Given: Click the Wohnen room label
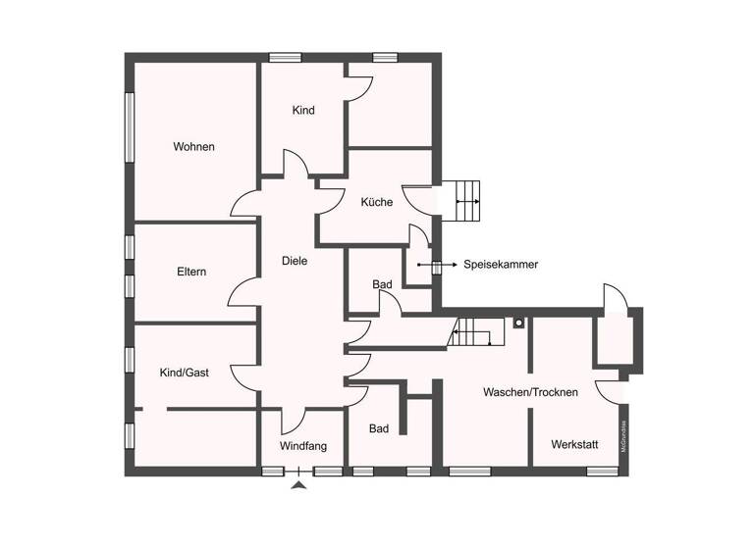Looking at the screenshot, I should (x=193, y=147).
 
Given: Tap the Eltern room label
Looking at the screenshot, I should (x=191, y=272).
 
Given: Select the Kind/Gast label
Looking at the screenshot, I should (x=185, y=373).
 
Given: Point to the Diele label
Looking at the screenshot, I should (x=295, y=261).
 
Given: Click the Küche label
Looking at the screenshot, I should (x=376, y=203).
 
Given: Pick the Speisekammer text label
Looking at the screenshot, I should (x=501, y=265).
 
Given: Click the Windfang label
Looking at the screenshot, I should (x=303, y=446).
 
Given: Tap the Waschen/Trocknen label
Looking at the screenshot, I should (x=530, y=392).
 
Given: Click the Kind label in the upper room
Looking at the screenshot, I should (x=303, y=111).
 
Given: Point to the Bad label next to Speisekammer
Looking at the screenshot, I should (x=382, y=284).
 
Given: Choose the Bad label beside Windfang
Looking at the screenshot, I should (x=379, y=429).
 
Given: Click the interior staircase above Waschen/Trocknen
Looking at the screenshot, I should (x=473, y=333).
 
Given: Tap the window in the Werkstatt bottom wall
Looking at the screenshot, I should (x=602, y=472).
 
